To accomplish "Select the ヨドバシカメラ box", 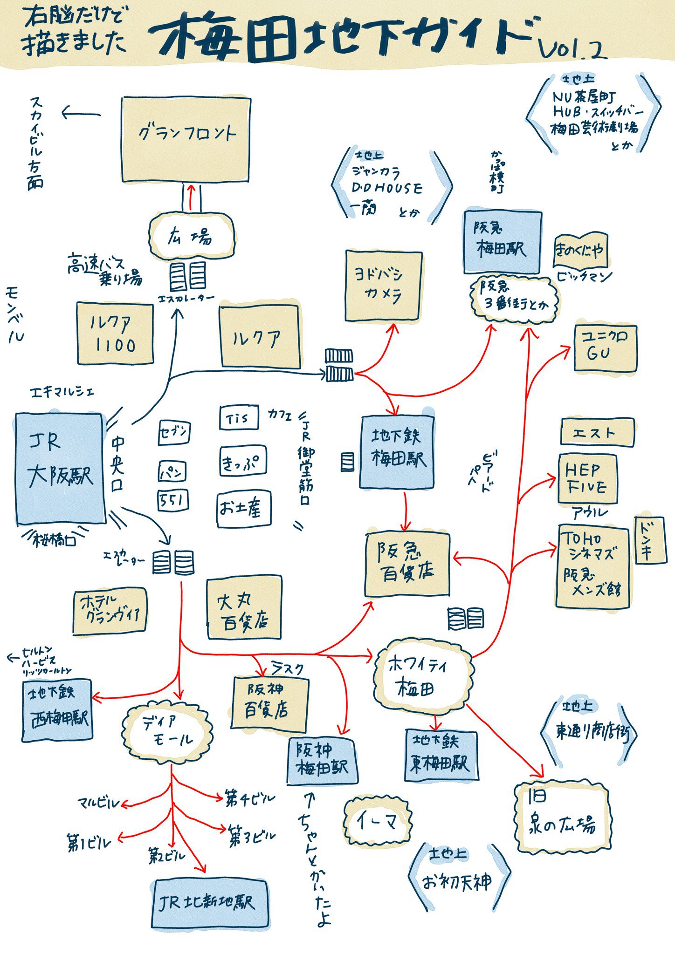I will click(383, 286).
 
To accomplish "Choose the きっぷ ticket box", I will click(242, 461).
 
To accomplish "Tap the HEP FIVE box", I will click(587, 479).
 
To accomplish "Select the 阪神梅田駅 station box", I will click(322, 760).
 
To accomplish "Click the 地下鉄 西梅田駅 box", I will click(57, 710).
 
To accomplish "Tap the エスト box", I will click(597, 432).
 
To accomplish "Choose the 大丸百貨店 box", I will click(244, 609).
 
